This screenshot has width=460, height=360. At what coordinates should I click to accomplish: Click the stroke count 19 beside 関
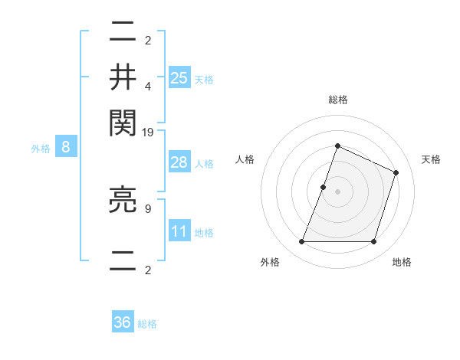148,133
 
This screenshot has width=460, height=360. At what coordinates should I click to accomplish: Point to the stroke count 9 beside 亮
147,207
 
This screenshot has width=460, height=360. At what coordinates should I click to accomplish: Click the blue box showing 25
179,78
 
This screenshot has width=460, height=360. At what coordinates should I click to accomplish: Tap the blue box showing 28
179,162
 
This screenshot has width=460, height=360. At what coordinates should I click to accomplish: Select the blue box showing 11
179,231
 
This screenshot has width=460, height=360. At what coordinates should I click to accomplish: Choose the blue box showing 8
66,148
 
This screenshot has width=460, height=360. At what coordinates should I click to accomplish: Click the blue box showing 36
123,322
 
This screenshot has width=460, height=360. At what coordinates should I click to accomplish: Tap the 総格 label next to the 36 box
148,324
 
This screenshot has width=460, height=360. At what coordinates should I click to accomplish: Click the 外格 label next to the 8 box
41,149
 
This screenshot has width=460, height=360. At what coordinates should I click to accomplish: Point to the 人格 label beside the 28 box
205,164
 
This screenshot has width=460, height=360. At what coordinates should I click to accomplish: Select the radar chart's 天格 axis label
431,159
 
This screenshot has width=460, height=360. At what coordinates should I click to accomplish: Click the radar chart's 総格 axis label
337,100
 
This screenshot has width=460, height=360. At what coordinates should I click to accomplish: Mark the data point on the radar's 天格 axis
396,172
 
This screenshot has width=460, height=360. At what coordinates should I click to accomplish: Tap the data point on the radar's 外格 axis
301,242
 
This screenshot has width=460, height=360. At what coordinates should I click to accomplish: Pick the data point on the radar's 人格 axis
324,187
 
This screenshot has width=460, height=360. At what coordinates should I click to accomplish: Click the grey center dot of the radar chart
337,191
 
